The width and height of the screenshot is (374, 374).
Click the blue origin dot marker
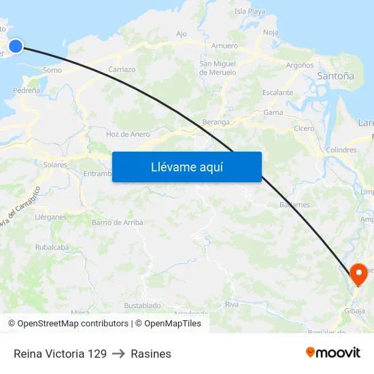coord(15,46)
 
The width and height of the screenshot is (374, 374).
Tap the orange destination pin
coord(358,273)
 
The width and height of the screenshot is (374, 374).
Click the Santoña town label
coord(335,77)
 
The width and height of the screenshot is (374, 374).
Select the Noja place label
coord(271,32)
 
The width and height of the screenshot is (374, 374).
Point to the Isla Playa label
coord(250,12)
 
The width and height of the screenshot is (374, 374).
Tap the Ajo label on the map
coord(182,34)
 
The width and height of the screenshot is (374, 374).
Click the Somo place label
coord(52,70)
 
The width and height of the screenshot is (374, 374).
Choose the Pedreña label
coord(26,90)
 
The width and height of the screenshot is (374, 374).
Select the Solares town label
coord(55,165)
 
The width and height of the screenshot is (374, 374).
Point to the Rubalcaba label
coord(52,248)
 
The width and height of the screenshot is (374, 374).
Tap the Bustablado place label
coord(142,306)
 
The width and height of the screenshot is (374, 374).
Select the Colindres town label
coord(341,150)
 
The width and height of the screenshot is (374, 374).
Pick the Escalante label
coord(277,92)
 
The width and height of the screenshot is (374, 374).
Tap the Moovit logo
coord(333,353)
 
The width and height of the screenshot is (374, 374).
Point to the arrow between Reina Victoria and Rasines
coord(119,354)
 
